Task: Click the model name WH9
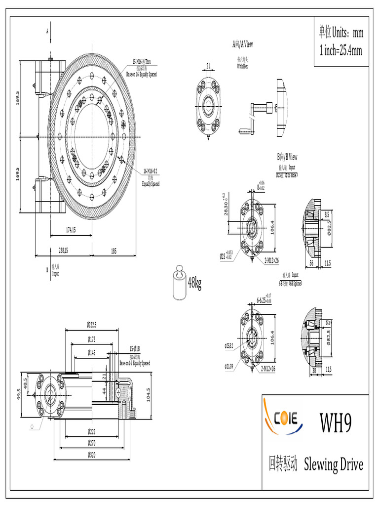[x=336, y=423]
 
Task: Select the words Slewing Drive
[x=334, y=464]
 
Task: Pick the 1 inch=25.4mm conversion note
[x=341, y=50]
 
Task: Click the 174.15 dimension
[x=71, y=230]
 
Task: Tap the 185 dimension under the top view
[x=114, y=251]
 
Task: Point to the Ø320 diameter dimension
[x=91, y=454]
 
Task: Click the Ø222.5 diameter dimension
[x=91, y=325]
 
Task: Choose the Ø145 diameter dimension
[x=92, y=352]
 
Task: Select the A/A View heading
[x=242, y=44]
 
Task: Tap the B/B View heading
[x=287, y=157]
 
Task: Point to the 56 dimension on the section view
[x=311, y=263]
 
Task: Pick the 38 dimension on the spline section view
[x=314, y=369]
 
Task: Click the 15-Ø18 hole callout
[x=135, y=348]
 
